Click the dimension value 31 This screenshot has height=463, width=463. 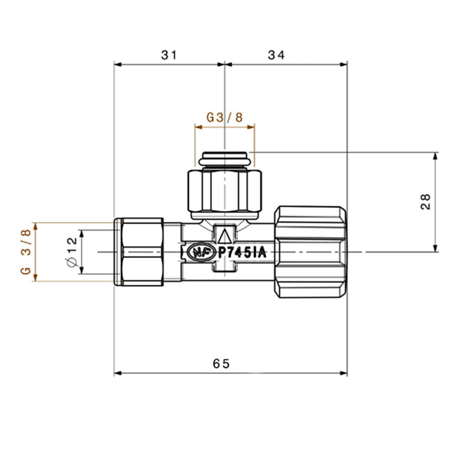click(169, 55)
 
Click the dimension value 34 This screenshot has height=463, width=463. click(277, 55)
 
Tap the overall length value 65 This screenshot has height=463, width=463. click(221, 364)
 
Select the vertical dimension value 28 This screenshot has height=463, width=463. click(425, 201)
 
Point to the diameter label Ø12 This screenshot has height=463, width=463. click(72, 252)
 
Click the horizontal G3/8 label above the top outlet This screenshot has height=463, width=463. click(225, 117)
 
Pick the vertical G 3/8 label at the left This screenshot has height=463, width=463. click(26, 252)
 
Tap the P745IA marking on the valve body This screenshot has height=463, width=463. click(242, 252)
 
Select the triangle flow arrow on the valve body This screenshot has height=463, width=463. click(225, 237)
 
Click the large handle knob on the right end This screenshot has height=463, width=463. click(311, 252)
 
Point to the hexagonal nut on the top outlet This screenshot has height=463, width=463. click(225, 191)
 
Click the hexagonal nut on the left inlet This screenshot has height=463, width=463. click(142, 252)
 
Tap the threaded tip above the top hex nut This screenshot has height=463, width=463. click(225, 159)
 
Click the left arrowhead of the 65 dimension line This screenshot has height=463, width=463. click(118, 373)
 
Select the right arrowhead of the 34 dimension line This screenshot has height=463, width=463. click(343, 65)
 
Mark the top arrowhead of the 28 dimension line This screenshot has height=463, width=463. click(435, 156)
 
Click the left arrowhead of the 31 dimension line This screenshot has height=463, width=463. click(118, 65)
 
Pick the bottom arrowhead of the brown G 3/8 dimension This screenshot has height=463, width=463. click(35, 277)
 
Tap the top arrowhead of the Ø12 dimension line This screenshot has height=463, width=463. click(82, 234)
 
